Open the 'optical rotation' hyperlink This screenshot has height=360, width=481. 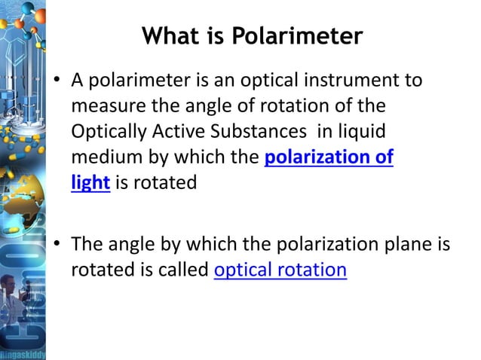(280, 270)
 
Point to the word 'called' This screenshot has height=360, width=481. (181, 270)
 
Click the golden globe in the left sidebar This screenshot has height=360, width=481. (17, 181)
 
